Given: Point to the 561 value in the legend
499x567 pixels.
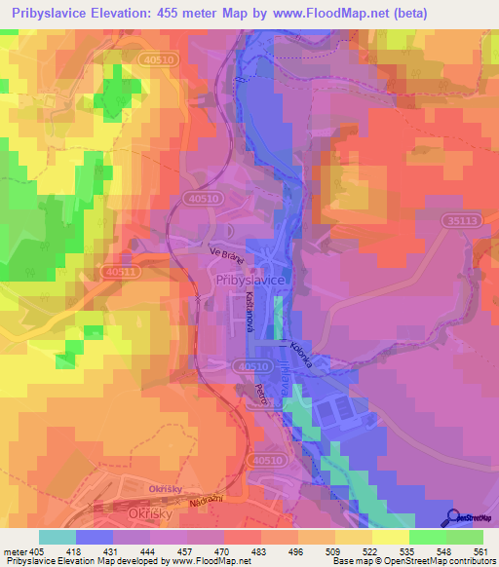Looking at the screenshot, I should [474, 552].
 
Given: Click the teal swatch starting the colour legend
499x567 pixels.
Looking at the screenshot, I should [58, 537].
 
